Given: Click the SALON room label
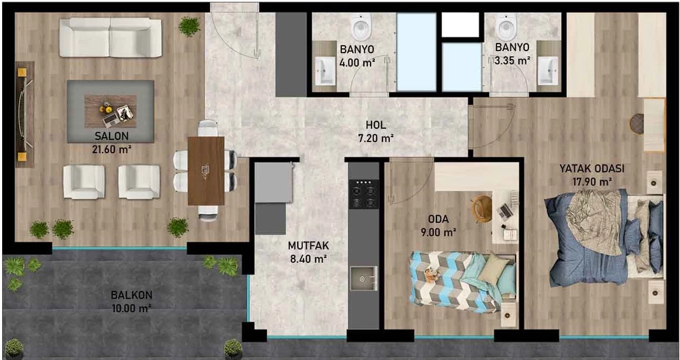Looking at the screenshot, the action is [112, 136].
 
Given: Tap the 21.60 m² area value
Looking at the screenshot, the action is [112, 149].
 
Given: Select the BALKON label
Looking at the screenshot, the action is [131, 295].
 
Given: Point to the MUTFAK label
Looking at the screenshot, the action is [308, 246].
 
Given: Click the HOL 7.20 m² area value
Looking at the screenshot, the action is [376, 138].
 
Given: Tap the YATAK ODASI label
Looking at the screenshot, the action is [592, 169].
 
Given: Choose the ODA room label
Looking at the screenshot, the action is [438, 219].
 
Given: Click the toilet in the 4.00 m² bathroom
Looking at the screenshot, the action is [362, 27].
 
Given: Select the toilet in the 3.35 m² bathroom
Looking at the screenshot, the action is [506, 27].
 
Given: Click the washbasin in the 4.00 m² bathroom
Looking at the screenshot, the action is [325, 71].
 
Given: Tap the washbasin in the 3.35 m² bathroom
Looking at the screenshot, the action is [548, 71].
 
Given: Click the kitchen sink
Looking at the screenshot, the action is [363, 278].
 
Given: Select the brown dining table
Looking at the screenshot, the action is [206, 171].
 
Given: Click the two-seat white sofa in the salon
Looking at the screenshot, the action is [111, 37].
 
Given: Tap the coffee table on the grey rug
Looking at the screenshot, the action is [111, 111].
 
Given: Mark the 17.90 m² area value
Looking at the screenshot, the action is [592, 181].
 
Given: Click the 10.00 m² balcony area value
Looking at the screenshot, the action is [131, 308].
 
